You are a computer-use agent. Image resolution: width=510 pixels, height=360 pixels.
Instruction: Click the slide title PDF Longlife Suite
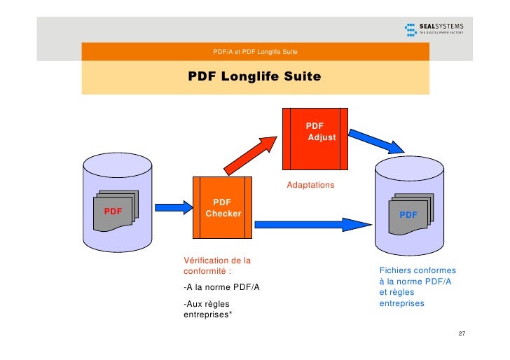(254, 76)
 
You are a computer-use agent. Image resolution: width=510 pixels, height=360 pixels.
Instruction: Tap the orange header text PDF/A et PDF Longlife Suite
(256, 53)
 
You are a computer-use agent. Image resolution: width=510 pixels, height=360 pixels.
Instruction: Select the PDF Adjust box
(315, 138)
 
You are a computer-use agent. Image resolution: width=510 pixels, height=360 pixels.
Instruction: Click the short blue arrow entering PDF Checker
(172, 207)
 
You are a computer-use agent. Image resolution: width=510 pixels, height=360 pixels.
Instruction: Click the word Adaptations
(311, 186)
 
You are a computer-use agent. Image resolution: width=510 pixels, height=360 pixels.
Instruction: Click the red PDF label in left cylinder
(113, 211)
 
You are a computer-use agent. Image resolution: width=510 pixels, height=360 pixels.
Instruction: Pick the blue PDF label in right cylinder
(408, 214)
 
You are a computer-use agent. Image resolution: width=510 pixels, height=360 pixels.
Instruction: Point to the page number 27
(461, 333)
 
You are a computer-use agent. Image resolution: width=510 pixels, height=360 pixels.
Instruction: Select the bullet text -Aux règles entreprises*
(208, 309)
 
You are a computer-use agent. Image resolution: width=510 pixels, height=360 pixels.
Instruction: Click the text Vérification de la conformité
(216, 266)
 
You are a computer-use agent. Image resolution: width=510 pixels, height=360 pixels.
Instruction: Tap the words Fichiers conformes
(418, 270)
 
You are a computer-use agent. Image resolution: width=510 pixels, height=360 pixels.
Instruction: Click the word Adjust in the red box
(322, 137)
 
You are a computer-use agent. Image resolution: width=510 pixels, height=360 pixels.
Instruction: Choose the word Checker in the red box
(223, 214)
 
